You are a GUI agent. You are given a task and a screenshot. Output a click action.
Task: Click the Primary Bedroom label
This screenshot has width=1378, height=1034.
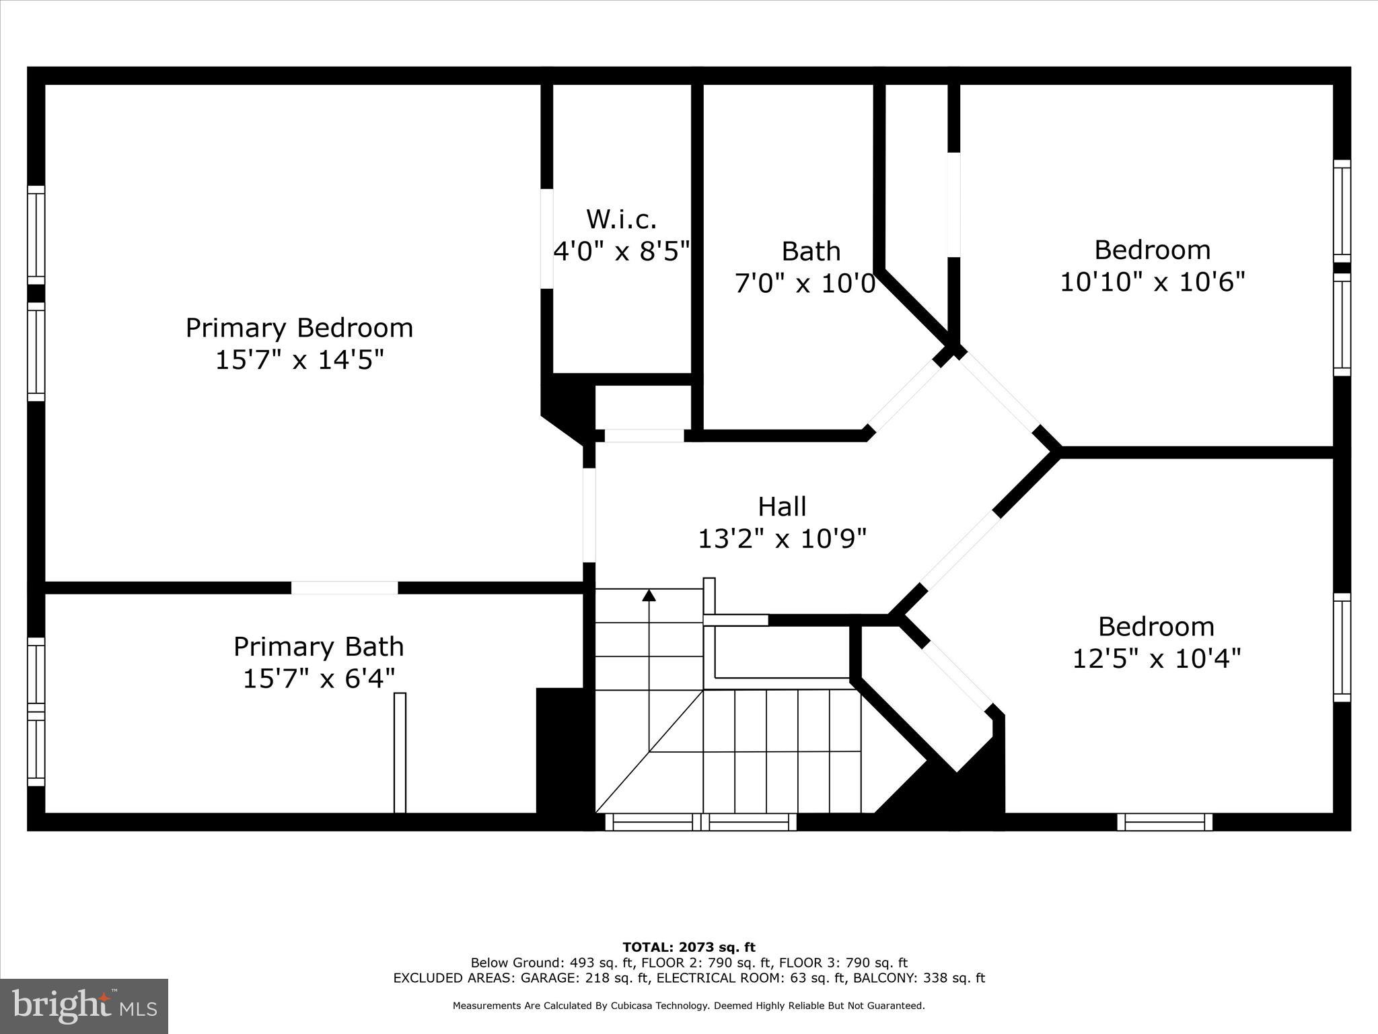tap(299, 328)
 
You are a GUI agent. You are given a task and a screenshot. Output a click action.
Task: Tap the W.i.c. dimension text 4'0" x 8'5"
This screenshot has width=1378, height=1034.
tap(621, 251)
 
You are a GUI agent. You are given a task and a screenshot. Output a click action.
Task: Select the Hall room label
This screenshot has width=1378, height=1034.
tap(782, 507)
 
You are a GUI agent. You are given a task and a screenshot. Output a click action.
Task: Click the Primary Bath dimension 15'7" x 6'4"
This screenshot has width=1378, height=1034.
tap(318, 678)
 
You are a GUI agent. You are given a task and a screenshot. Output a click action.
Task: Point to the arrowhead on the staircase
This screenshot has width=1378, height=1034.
tap(649, 595)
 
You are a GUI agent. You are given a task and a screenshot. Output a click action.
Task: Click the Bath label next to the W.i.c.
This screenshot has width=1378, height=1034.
tap(811, 251)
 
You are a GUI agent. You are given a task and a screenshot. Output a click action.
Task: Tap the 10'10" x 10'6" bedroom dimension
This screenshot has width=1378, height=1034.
tap(1152, 281)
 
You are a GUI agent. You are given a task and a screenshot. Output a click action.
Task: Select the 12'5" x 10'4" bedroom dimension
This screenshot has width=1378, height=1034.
tap(1155, 658)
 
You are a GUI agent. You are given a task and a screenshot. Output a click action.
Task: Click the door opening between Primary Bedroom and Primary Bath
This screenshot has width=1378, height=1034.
tap(344, 588)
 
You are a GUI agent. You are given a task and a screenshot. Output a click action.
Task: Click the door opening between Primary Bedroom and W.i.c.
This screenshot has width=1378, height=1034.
tap(547, 239)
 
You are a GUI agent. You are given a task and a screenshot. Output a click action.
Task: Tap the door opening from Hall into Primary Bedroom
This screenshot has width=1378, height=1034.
tap(589, 515)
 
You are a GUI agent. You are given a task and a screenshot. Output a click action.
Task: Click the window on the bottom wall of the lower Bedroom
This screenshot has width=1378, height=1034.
tap(1165, 822)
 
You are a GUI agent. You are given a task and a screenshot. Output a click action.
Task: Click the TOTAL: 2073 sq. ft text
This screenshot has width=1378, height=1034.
tap(689, 948)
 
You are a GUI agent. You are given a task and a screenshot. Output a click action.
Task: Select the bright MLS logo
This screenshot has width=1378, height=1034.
tap(84, 1006)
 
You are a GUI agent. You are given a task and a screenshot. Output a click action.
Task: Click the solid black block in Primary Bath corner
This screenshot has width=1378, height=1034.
tap(560, 751)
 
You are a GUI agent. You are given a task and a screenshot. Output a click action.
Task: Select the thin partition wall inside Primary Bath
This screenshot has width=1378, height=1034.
tap(400, 753)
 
